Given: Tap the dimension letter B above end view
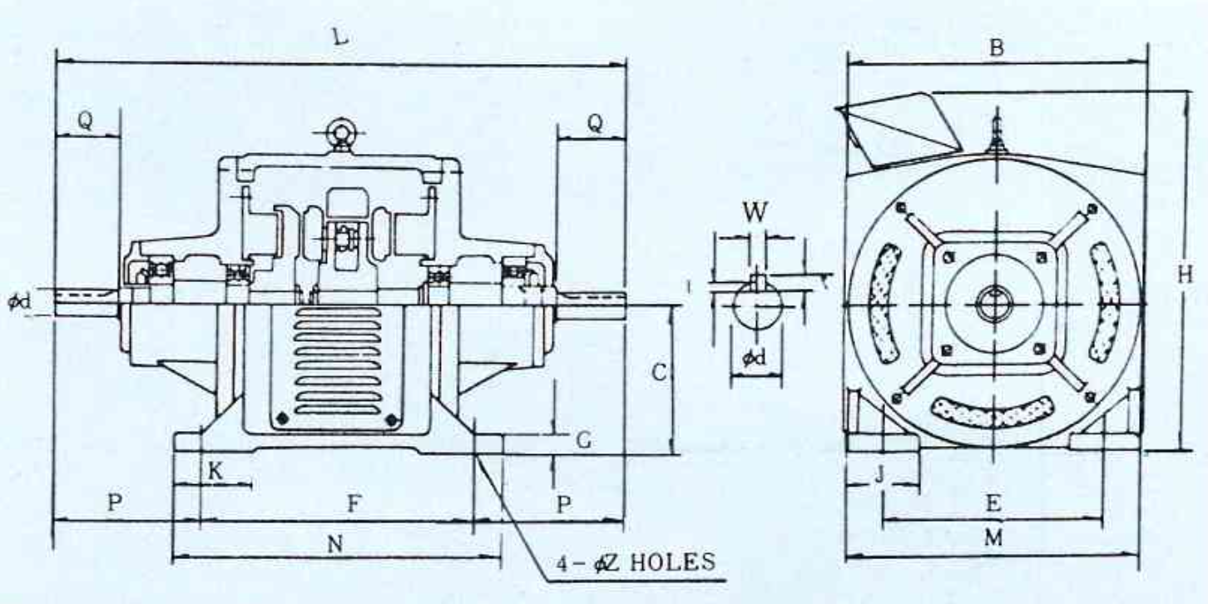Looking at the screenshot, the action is [997, 47].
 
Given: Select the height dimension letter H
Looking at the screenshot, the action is [1184, 275].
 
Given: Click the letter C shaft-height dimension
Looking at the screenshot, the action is [659, 372].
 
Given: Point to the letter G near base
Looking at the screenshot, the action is [584, 440].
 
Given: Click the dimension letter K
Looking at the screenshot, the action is [215, 472].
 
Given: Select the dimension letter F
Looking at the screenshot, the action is [354, 503].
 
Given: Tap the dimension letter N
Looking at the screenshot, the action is [335, 544].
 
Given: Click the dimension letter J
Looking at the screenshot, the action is [879, 474].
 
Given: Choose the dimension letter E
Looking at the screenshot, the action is [993, 503].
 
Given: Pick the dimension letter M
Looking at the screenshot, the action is [993, 537].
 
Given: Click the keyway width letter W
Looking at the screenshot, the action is [755, 212].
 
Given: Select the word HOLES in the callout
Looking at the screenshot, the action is [672, 562].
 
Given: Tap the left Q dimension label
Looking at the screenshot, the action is [85, 121].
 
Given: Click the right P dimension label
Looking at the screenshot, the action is [564, 504].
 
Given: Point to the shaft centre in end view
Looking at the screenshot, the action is [995, 304].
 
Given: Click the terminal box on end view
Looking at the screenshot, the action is [899, 130].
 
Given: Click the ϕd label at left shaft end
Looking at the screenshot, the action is [19, 300].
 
